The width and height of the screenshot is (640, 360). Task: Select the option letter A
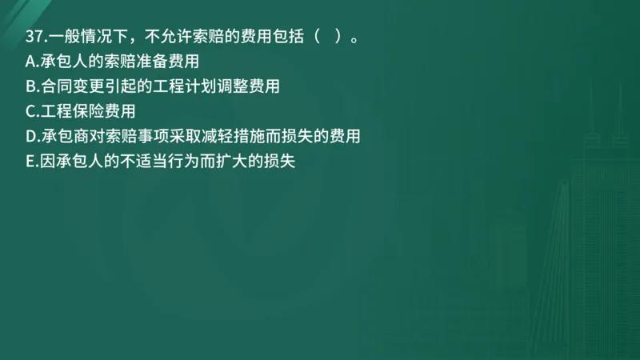30,61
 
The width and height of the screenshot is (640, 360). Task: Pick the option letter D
30,137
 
